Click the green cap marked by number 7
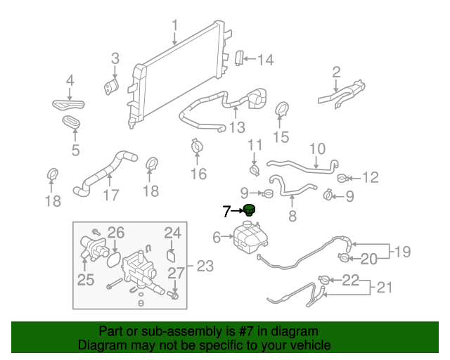249,210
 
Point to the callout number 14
264,60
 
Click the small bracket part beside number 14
238,58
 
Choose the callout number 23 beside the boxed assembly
205,266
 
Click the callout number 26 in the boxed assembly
115,233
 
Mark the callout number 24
173,233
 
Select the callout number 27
176,273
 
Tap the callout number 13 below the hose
237,127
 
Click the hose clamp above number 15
282,110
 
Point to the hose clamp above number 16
196,146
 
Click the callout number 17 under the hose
110,195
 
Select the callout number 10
318,149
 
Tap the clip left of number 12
342,177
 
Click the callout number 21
384,287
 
